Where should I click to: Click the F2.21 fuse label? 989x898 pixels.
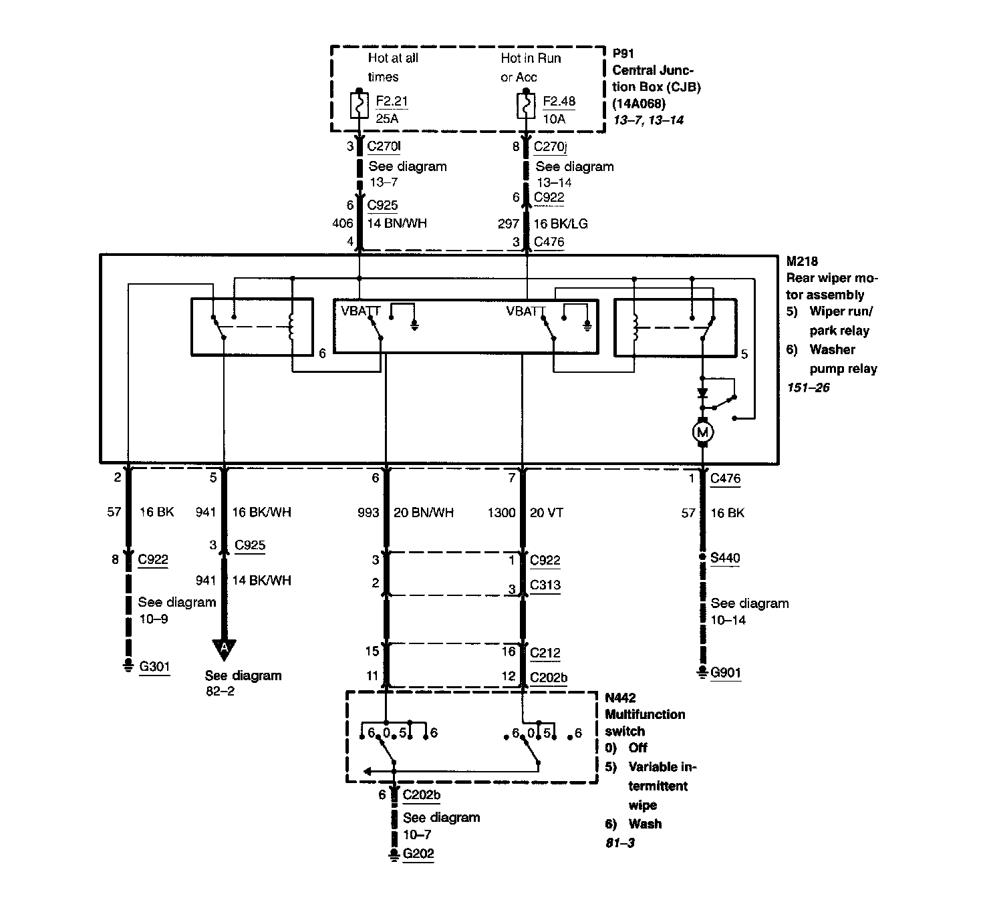point(392,102)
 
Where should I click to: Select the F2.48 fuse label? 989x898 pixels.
point(559,102)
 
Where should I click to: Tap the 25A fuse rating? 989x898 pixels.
point(387,119)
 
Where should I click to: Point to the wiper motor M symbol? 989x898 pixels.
point(702,432)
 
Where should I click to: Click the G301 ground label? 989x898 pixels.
point(154,666)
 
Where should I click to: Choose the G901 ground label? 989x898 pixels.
point(726,672)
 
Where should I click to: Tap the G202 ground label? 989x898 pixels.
point(418,853)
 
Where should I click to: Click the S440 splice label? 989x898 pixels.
point(725,558)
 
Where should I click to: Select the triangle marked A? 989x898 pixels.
point(225,647)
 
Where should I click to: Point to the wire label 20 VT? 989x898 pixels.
point(546,512)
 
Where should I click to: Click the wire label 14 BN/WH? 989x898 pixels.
point(397,223)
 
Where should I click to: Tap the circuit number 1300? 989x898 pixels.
point(501,512)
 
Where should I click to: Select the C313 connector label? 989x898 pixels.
point(545,585)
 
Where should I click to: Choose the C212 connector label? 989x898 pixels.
point(545,652)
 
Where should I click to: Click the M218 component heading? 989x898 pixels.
point(802,261)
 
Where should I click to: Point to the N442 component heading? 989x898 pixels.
point(621,698)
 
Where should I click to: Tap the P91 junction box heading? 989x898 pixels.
point(623,53)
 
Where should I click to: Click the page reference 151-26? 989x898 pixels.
point(809,388)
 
